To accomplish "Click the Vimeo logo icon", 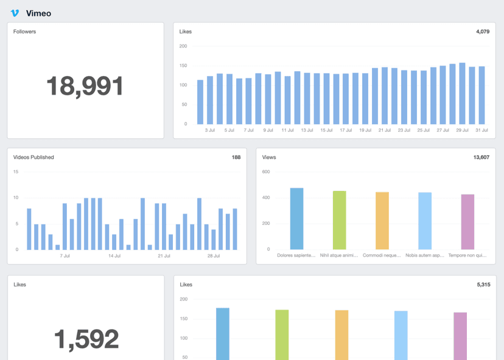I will click(15, 13).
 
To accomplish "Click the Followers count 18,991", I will click(85, 86).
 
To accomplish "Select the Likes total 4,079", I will click(481, 32).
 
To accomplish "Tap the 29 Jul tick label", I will click(463, 130).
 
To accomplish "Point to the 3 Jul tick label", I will click(210, 130).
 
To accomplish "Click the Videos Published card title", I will click(33, 157).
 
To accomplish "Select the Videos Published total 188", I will click(236, 157).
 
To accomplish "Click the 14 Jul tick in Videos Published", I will click(114, 256).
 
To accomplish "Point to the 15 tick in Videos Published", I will click(16, 172).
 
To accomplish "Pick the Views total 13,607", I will click(481, 157).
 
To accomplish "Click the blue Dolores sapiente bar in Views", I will click(296, 219).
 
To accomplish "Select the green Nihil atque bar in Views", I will click(340, 220).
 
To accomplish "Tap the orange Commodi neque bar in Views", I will click(382, 221).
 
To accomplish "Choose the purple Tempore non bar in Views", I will click(467, 222).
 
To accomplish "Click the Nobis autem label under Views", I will click(425, 256).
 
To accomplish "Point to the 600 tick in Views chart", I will click(266, 172).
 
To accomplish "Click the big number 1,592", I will click(86, 339).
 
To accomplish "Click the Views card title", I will click(269, 157).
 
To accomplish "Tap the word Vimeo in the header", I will click(38, 13).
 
